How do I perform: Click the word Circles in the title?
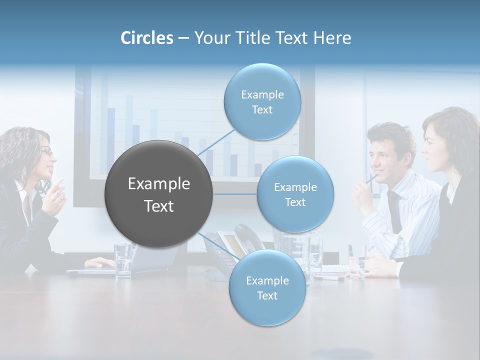[146, 38]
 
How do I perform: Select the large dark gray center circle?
[159, 194]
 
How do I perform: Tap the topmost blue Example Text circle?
[262, 102]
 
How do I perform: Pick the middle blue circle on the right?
[295, 194]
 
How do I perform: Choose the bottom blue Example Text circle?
[267, 288]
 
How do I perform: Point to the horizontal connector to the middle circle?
[235, 194]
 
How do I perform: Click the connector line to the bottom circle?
[218, 246]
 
